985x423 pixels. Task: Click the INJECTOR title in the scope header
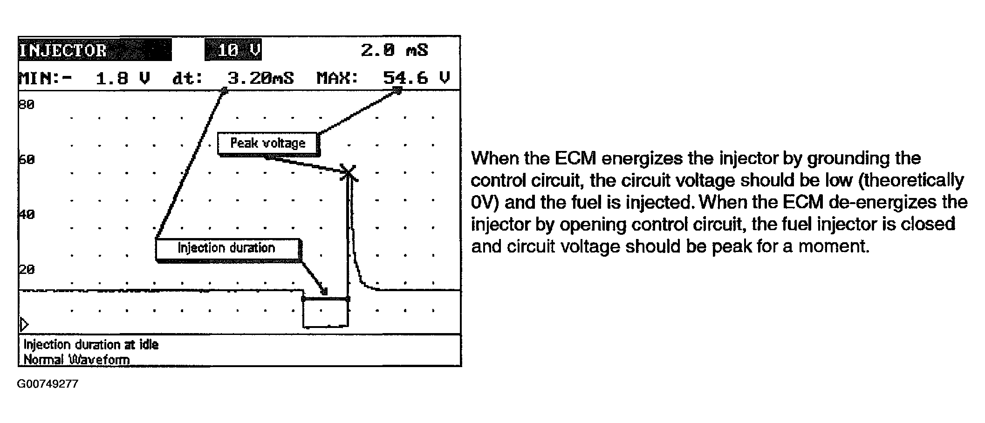pyautogui.click(x=63, y=50)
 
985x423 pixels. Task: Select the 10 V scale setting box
pyautogui.click(x=233, y=50)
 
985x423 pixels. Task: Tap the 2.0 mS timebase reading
pyautogui.click(x=394, y=50)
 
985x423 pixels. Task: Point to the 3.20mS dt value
pyautogui.click(x=260, y=78)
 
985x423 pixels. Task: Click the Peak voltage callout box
pyautogui.click(x=268, y=143)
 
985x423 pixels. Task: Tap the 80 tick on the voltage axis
pyautogui.click(x=27, y=105)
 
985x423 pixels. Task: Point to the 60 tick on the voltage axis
pyautogui.click(x=27, y=160)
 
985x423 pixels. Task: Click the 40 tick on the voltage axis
pyautogui.click(x=27, y=215)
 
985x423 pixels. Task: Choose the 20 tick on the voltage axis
pyautogui.click(x=27, y=270)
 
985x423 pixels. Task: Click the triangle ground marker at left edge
pyautogui.click(x=24, y=324)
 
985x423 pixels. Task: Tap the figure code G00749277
pyautogui.click(x=48, y=384)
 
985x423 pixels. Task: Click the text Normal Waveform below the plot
pyautogui.click(x=76, y=360)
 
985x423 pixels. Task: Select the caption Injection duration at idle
pyautogui.click(x=91, y=345)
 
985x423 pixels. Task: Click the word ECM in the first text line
pyautogui.click(x=575, y=158)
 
